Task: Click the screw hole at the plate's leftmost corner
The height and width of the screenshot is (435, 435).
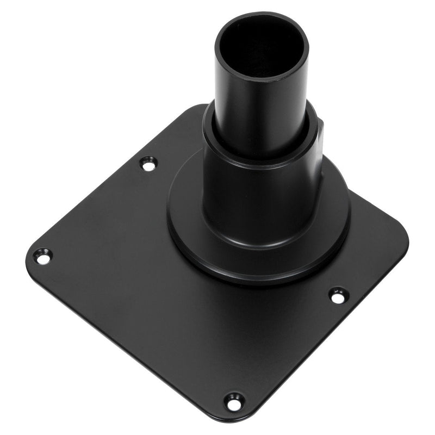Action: pos(42,256)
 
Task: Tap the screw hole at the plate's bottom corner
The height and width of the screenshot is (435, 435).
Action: pos(234,402)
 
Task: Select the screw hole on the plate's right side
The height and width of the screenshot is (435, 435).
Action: pos(338,296)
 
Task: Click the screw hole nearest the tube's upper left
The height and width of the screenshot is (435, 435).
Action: pos(148,163)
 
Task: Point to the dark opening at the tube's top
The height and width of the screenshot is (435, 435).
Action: pos(262,46)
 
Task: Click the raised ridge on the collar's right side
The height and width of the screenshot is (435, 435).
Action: pos(321,133)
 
